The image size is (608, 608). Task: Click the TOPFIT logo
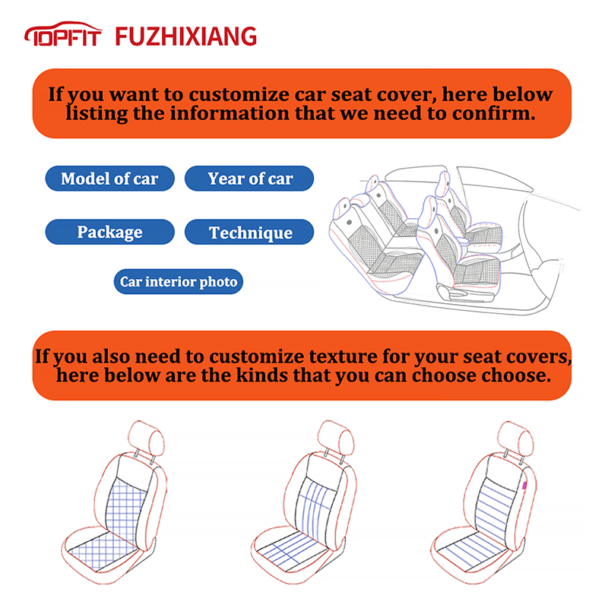(x=63, y=33)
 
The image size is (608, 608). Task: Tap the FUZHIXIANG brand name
(x=186, y=36)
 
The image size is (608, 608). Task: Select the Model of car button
(x=109, y=179)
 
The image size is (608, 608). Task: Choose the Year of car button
(x=249, y=179)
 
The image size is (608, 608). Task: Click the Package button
(x=109, y=232)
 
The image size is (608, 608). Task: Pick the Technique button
(x=249, y=232)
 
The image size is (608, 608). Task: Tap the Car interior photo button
(x=179, y=281)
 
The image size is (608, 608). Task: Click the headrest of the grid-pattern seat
(x=146, y=438)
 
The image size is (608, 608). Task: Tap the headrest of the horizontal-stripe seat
(x=515, y=439)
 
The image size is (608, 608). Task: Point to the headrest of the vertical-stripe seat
(x=336, y=438)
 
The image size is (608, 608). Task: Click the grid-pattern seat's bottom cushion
(x=102, y=549)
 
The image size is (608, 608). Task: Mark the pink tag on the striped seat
(x=524, y=485)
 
